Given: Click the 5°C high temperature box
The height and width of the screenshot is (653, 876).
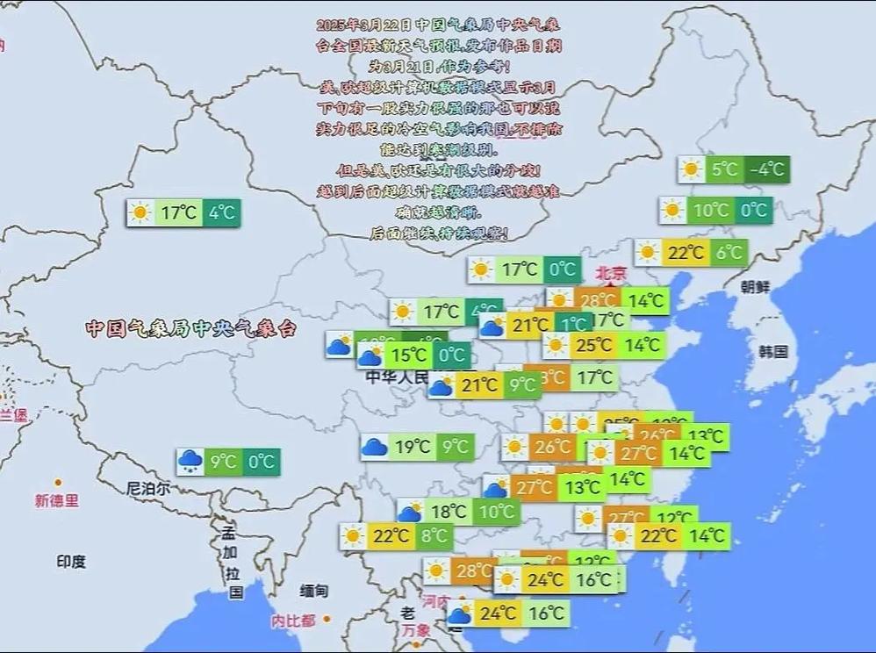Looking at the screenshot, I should (725, 169).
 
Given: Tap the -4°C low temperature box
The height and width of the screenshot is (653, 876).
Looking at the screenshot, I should (767, 169).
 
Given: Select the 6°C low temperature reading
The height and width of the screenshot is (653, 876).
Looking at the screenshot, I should (729, 253).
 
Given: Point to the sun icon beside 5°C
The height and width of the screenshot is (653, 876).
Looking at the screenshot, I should (692, 169).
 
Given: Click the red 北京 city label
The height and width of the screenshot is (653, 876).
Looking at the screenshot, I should (611, 273).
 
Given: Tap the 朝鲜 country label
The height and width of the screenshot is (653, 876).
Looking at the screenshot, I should (754, 287).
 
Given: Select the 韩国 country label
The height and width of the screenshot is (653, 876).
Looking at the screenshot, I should (773, 352).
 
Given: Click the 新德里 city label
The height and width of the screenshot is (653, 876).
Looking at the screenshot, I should (57, 501).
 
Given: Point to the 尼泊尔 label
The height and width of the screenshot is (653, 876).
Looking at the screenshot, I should (148, 488).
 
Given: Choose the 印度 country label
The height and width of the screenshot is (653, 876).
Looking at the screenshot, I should (71, 561).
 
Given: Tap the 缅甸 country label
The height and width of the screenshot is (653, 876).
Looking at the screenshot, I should (313, 591).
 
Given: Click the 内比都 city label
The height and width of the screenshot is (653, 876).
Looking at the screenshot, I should (292, 621).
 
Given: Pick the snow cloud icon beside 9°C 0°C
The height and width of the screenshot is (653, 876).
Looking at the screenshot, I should (190, 462).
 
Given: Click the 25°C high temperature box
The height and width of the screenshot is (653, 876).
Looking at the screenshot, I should (593, 345).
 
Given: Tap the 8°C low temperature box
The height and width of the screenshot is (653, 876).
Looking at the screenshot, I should (434, 535).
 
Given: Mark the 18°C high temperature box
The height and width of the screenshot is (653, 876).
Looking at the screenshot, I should (449, 512).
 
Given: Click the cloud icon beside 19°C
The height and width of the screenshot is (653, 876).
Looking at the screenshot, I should (375, 447).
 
